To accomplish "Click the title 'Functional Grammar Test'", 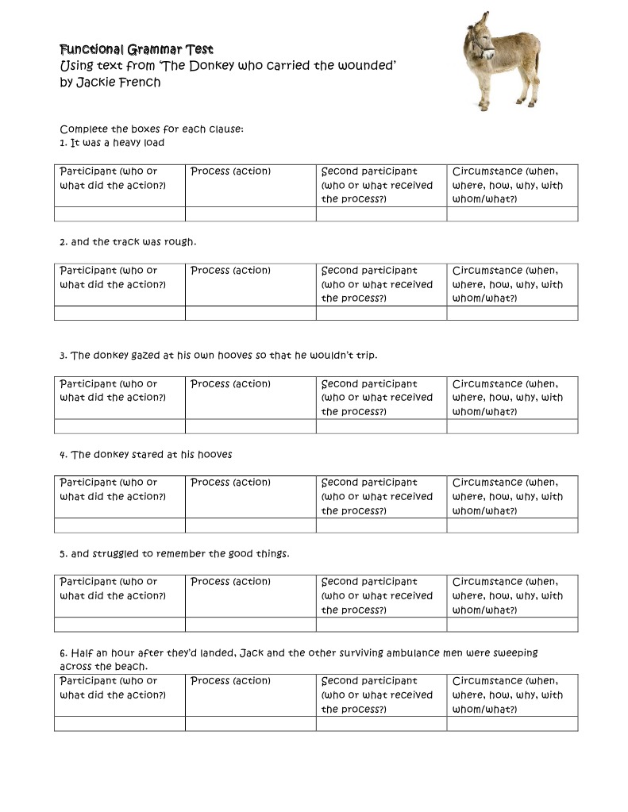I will tap(137, 50).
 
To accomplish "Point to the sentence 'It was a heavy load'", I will tap(118, 143).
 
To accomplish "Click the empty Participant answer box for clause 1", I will tap(120, 214).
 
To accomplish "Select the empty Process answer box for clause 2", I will tap(250, 313).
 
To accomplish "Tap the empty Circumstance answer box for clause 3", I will tap(512, 426).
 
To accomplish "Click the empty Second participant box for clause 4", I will tap(381, 525).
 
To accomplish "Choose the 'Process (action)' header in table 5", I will tap(231, 582).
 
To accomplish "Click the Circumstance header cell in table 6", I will tap(512, 695).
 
